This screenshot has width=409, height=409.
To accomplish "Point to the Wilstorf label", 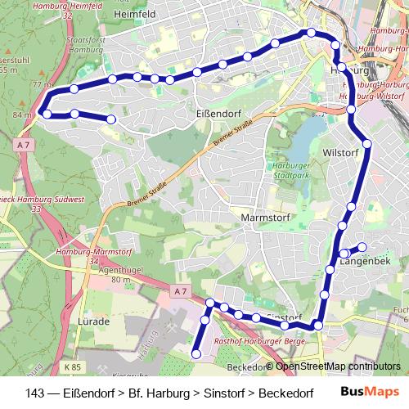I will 341,153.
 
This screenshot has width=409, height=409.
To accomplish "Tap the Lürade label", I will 92,321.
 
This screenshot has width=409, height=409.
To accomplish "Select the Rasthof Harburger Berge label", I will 258,340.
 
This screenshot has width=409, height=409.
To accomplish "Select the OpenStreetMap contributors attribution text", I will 338,366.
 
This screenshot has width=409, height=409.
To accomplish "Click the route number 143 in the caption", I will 35,393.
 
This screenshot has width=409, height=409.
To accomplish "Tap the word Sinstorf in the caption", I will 222,393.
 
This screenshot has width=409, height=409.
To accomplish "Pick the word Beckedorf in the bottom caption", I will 286,393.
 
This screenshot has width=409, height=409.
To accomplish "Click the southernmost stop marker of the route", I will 196,353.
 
